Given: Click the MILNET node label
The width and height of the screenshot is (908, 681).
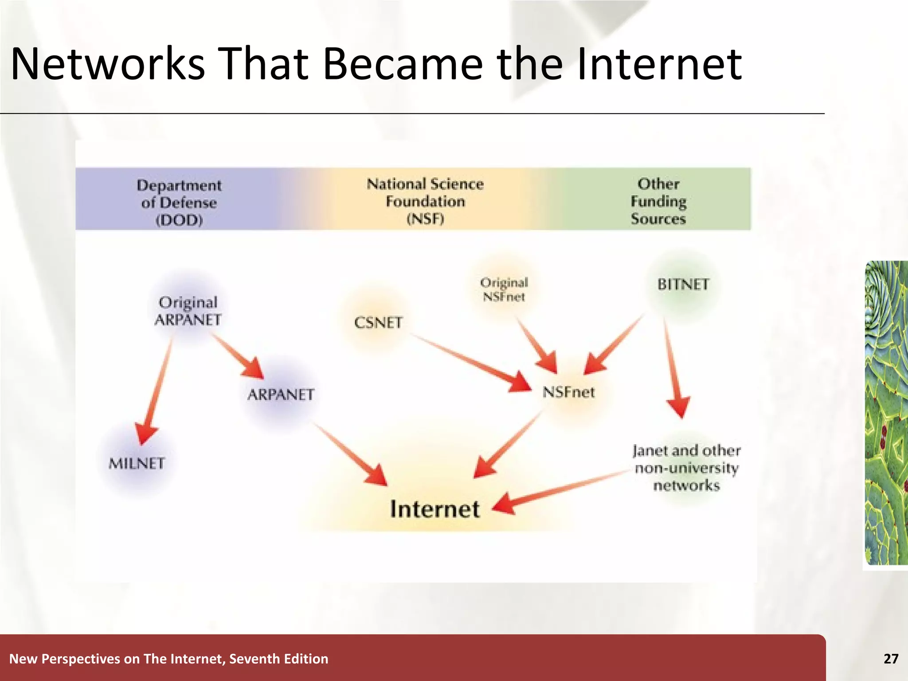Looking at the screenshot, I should click(x=137, y=464).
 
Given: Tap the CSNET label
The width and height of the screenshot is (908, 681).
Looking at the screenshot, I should click(x=378, y=323).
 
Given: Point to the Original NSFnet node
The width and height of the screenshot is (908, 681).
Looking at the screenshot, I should click(x=504, y=290).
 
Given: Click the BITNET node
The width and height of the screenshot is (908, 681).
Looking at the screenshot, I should click(x=683, y=284).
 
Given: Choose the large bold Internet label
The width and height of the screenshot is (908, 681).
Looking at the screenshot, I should click(x=434, y=509).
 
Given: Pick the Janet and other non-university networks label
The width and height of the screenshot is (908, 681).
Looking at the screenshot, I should click(x=686, y=468).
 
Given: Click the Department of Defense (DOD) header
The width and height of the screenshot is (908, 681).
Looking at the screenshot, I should click(x=179, y=203).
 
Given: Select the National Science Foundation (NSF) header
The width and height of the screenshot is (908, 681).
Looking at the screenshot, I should click(x=425, y=201).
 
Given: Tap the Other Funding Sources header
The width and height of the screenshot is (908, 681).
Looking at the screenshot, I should click(x=658, y=201).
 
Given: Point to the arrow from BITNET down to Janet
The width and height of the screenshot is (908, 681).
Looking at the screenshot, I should click(x=673, y=368).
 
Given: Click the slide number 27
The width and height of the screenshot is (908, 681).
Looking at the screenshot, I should click(x=891, y=659).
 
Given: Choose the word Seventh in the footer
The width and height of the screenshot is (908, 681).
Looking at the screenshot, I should click(x=254, y=659).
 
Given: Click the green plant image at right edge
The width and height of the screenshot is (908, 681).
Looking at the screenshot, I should click(x=886, y=412).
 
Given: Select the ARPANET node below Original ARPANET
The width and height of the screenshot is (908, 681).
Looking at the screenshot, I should click(x=281, y=395).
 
